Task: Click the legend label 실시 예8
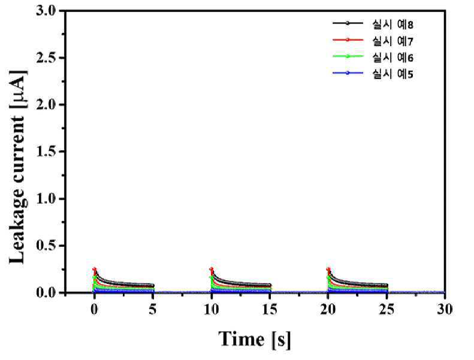[393, 24]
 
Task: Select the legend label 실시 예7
[393, 41]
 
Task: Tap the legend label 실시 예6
[393, 57]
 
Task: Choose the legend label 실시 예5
[393, 74]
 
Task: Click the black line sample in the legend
[348, 23]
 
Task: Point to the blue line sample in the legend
[348, 72]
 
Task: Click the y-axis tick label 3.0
[46, 11]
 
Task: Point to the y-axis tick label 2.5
[46, 58]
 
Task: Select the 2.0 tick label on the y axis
[46, 105]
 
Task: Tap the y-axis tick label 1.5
[46, 152]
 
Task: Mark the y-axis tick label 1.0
[46, 199]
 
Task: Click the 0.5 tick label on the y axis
[46, 246]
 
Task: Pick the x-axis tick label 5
[153, 309]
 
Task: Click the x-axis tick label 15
[270, 309]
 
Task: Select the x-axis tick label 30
[445, 309]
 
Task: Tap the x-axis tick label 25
[387, 309]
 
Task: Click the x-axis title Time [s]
[255, 340]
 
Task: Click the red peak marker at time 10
[212, 269]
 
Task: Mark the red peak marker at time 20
[328, 269]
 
